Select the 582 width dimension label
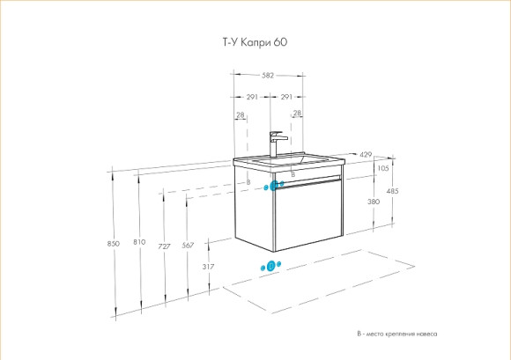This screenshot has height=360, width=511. pyautogui.click(x=268, y=75)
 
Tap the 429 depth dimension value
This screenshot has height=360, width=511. pyautogui.click(x=365, y=155)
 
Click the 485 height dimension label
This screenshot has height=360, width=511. pyautogui.click(x=393, y=191)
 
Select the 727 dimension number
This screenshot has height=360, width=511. pyautogui.click(x=163, y=246)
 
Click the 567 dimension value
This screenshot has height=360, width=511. pyautogui.click(x=187, y=246)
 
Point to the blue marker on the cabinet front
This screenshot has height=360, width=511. pyautogui.click(x=273, y=185)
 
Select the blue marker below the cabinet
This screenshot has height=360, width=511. pyautogui.click(x=270, y=265)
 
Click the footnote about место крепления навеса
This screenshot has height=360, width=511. pyautogui.click(x=396, y=334)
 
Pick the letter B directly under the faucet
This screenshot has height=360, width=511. pyautogui.click(x=292, y=176)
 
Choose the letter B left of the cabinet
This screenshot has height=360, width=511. pyautogui.click(x=248, y=182)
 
